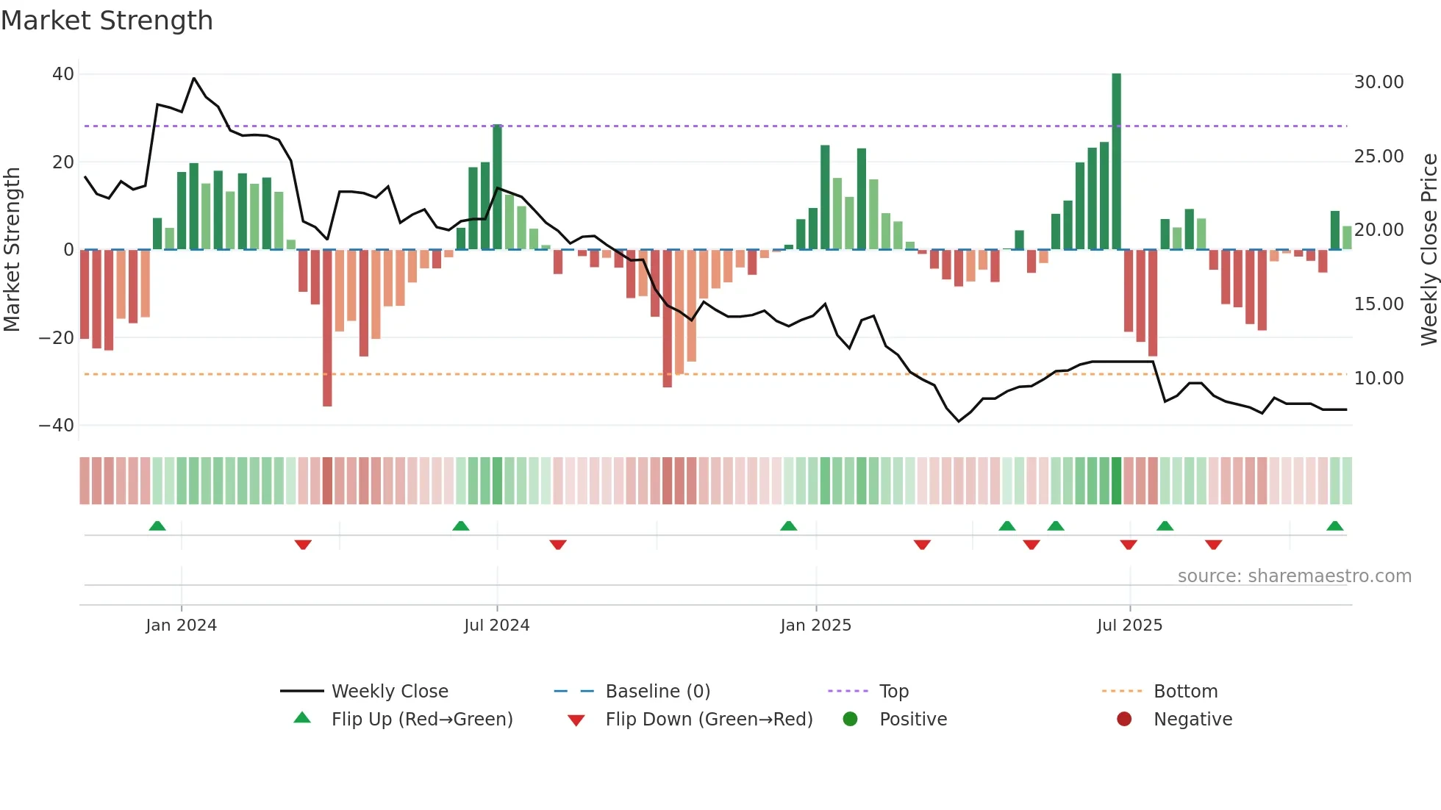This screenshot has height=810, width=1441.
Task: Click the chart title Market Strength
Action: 107,21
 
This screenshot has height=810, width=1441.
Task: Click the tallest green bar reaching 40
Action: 1116,162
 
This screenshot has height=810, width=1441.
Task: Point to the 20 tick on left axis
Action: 63,162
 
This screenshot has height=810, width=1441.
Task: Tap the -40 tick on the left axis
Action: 57,426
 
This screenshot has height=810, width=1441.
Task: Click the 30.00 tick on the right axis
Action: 1379,82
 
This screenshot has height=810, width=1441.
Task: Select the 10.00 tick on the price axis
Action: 1379,379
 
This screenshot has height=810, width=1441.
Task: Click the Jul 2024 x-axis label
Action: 496,626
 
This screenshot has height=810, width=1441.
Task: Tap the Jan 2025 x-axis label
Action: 815,626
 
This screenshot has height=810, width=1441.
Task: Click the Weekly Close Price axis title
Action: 1429,250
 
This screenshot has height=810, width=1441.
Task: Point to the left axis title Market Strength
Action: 12,250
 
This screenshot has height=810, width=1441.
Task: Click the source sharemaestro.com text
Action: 1294,576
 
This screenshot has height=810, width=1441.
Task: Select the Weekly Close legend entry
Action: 389,692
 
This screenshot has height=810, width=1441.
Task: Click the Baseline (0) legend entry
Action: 657,692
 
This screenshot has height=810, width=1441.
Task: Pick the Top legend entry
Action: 893,692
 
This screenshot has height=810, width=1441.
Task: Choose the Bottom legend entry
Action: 1185,692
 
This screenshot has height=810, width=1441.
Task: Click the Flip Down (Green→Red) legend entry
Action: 708,720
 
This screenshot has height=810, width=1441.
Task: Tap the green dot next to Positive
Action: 850,720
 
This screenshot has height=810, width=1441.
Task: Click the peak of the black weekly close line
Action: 194,78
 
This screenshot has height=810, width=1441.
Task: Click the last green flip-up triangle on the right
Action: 1334,526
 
